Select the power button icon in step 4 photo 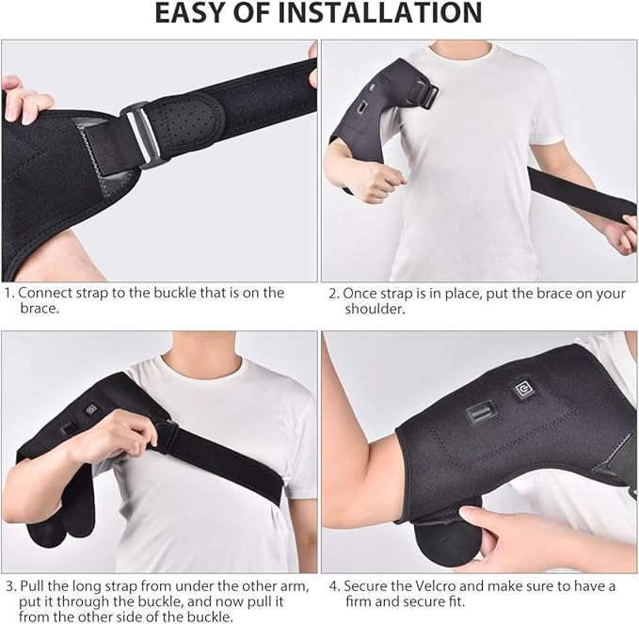(523, 390)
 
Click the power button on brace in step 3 (91, 408)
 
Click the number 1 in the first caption (9, 293)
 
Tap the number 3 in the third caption (10, 586)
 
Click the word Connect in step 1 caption (45, 293)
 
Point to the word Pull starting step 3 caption (32, 586)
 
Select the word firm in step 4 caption (359, 601)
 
